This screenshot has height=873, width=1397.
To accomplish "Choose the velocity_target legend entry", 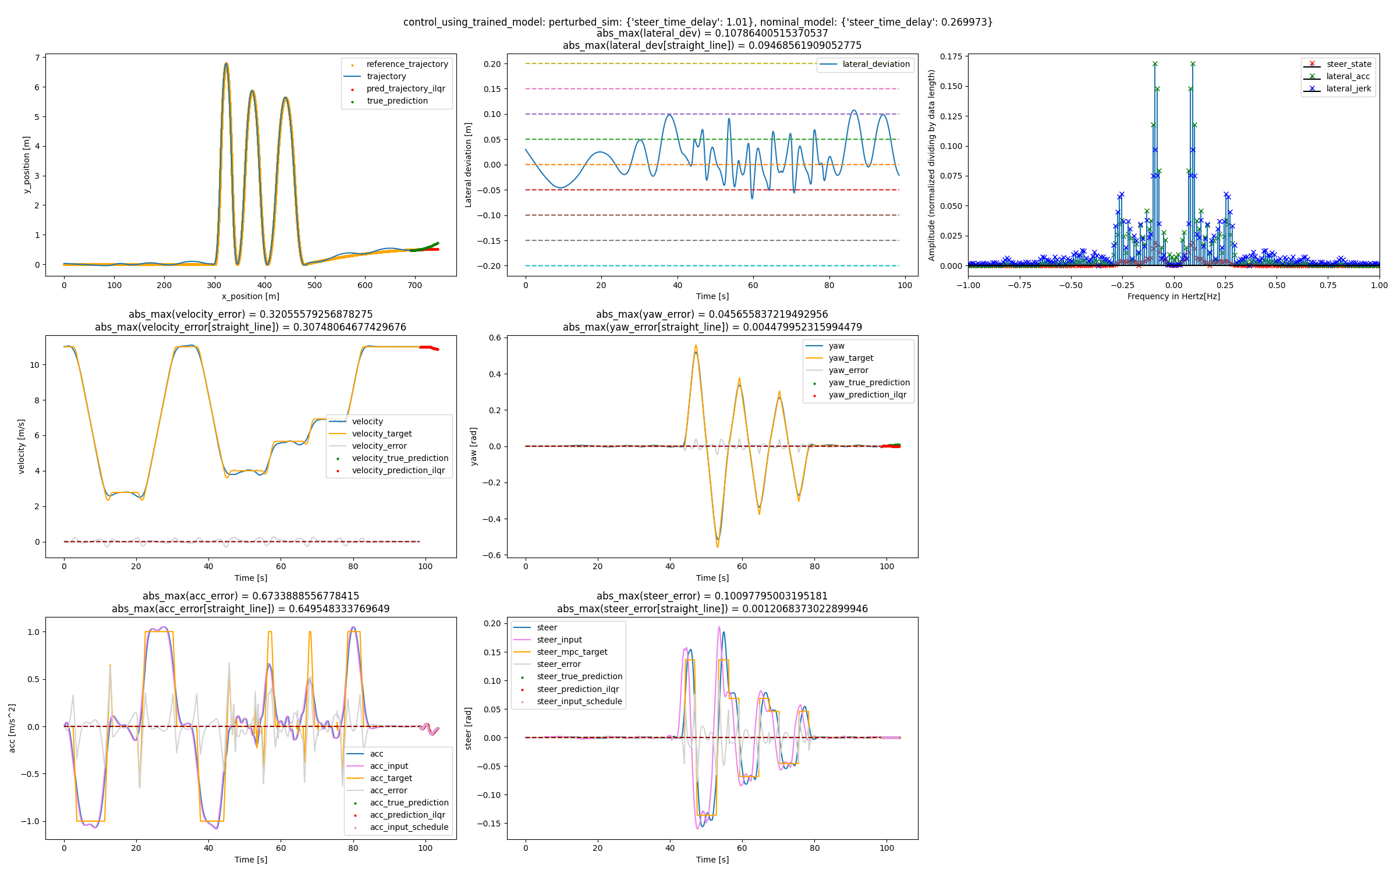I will point(381,434).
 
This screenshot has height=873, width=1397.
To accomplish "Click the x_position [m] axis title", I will point(250,296).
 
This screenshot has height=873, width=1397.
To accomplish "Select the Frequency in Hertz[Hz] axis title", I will point(1173,296).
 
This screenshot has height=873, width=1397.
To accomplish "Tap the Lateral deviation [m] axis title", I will point(468,165).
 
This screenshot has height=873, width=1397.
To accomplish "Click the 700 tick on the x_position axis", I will point(415,285).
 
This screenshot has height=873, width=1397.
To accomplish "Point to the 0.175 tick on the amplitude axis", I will point(951,56).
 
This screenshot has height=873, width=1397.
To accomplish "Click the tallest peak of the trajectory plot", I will point(226,63).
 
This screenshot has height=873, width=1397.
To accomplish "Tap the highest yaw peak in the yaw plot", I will point(696,347).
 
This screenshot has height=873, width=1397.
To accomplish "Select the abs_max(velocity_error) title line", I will point(250,314).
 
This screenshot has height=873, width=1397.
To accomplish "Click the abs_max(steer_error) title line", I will point(712,596).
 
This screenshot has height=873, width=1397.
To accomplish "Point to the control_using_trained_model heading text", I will point(697,22).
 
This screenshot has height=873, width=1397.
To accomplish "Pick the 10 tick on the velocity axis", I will point(34,365).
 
